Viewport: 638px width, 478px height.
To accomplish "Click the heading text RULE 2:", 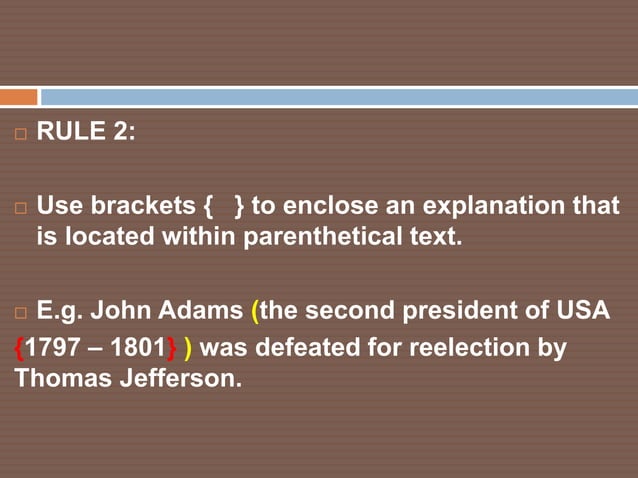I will (86, 133).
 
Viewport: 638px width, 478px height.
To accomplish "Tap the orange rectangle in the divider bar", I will (18, 97).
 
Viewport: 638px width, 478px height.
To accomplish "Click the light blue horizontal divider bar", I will (338, 97).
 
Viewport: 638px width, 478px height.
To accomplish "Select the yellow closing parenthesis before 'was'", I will (189, 349).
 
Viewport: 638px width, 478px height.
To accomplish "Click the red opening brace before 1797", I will (20, 349).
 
